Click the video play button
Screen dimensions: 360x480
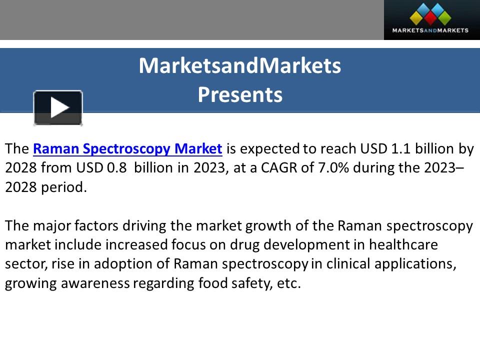tap(58, 107)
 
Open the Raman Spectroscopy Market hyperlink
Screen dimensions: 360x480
tap(127, 149)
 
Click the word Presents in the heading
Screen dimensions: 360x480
tap(240, 94)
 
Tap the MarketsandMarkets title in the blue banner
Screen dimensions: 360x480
tap(240, 65)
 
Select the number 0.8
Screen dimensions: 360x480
tap(113, 168)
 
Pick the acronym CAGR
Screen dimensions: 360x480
tap(279, 168)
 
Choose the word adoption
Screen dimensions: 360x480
tap(119, 264)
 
